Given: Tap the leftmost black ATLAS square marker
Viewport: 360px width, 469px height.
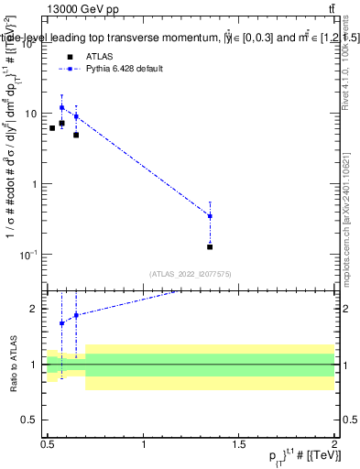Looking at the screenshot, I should click(x=52, y=128).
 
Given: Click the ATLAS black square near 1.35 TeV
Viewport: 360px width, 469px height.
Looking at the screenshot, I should click(x=210, y=246).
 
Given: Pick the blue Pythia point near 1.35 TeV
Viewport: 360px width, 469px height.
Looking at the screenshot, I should click(x=210, y=216).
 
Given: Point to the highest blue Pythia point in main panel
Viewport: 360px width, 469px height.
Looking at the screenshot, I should click(x=61, y=107).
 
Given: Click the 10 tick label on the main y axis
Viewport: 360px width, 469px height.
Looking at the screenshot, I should click(x=31, y=114).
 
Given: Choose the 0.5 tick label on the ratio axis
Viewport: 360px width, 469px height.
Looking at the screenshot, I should click(x=31, y=420).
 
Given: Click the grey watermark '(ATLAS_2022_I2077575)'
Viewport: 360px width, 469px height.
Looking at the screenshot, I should click(x=190, y=274).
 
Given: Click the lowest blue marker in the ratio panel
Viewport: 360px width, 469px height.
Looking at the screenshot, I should click(x=61, y=323).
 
